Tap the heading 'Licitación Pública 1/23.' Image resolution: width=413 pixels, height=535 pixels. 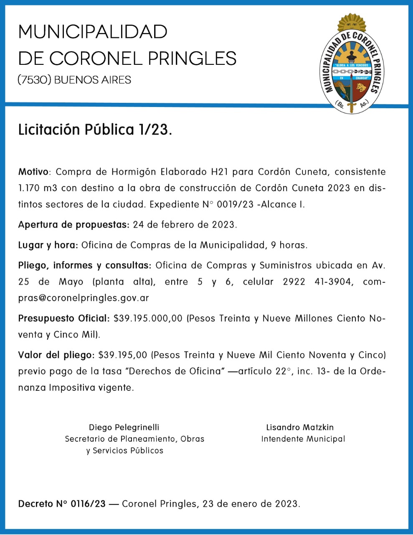95,130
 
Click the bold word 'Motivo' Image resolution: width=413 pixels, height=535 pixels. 33,172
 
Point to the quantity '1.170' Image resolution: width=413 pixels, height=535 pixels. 29,188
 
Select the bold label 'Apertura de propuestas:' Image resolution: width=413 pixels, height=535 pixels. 73,224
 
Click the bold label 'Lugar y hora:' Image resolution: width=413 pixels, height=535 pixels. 48,245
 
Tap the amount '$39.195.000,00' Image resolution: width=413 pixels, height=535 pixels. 148,318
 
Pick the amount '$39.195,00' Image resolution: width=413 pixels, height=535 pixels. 123,355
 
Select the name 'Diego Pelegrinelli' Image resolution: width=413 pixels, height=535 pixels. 124,427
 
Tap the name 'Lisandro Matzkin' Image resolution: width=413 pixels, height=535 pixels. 300,427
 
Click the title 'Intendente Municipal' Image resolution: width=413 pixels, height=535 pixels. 303,439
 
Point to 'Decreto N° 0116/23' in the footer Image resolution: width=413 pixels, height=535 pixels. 62,504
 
